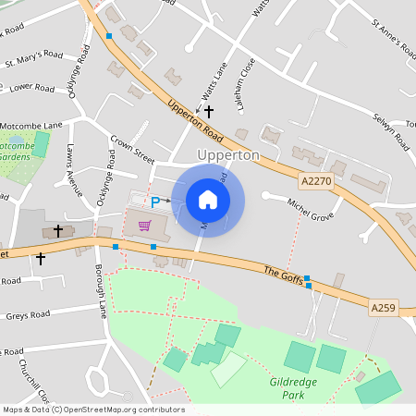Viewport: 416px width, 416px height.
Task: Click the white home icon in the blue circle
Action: pyautogui.click(x=208, y=199)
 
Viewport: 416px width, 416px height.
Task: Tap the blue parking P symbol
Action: pyautogui.click(x=155, y=202)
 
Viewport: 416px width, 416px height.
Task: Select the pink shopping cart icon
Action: pyautogui.click(x=143, y=225)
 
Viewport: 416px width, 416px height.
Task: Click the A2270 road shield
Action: pyautogui.click(x=315, y=182)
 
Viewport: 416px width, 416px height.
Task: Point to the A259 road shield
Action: pyautogui.click(x=384, y=306)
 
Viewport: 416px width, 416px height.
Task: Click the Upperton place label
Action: pyautogui.click(x=228, y=155)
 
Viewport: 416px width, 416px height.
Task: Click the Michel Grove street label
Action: pyautogui.click(x=310, y=210)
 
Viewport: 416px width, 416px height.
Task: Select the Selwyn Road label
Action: pyautogui.click(x=391, y=128)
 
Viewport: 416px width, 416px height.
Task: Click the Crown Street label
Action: pyautogui.click(x=132, y=148)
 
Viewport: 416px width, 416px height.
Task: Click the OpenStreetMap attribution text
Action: pyautogui.click(x=92, y=410)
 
